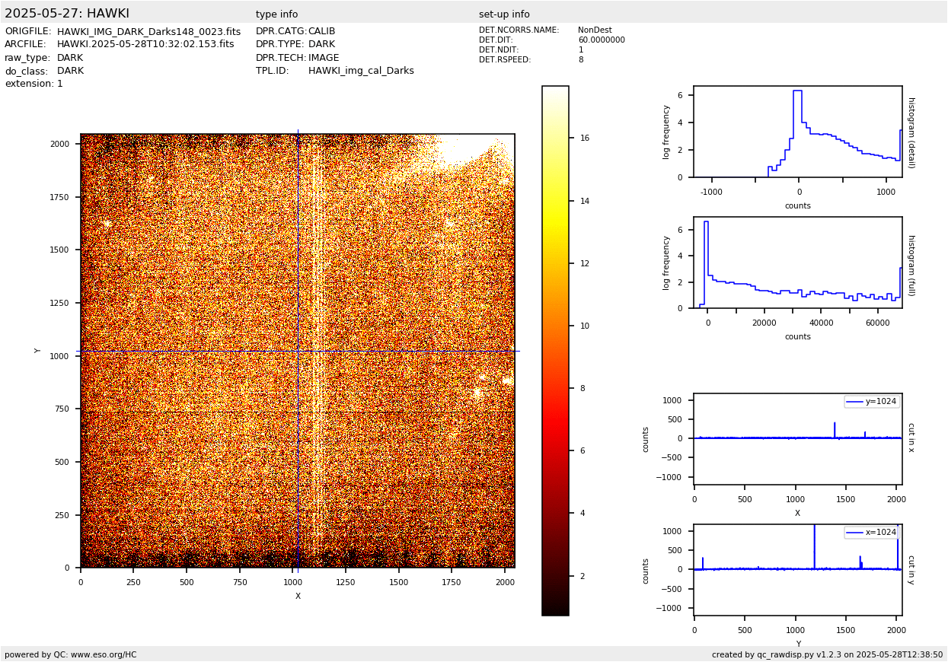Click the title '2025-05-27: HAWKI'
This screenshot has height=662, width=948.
click(67, 14)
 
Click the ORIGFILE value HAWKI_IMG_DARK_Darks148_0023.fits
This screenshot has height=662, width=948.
click(148, 32)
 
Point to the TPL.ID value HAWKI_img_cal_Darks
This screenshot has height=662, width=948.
click(361, 71)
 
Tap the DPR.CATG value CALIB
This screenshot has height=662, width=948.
click(321, 32)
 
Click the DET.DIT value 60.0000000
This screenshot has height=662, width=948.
click(601, 40)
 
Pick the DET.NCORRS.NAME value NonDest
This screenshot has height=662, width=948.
click(595, 30)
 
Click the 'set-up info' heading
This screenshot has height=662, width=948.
click(504, 14)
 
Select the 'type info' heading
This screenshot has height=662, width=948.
click(276, 14)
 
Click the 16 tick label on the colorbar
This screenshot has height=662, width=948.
click(585, 138)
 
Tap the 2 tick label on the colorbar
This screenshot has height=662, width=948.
click(583, 576)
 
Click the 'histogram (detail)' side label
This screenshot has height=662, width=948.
click(911, 132)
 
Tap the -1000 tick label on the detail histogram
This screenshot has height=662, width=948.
click(711, 193)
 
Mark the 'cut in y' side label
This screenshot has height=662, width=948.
click(911, 569)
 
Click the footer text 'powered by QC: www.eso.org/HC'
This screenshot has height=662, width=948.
click(71, 654)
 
